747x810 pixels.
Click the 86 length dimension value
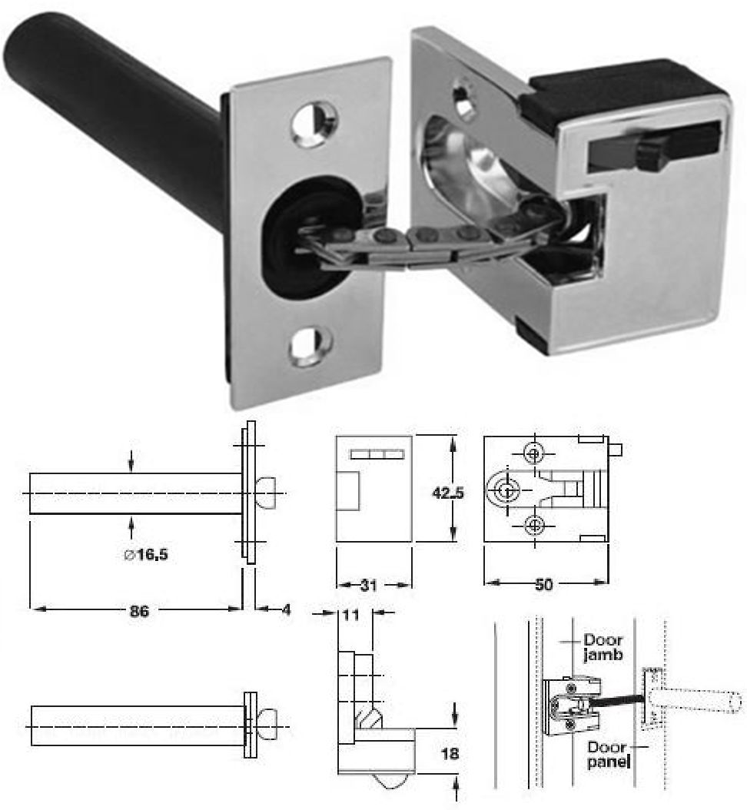pos(138,611)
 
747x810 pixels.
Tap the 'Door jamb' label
pos(603,647)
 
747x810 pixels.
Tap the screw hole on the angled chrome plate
pos(463,97)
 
